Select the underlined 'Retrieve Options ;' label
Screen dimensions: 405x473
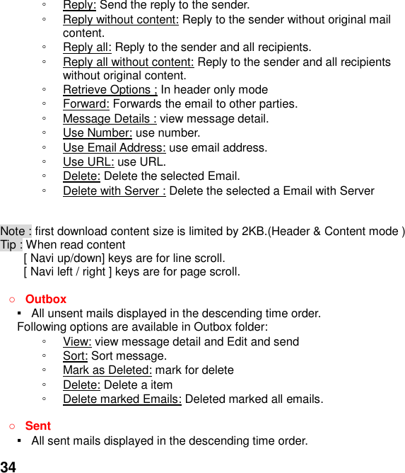(x=110, y=90)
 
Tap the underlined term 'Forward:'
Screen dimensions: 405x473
(x=85, y=104)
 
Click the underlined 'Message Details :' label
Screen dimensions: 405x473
(x=110, y=119)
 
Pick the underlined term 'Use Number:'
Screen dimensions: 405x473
(x=97, y=133)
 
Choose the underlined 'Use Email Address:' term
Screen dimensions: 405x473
(x=114, y=147)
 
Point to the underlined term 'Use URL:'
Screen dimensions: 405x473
(x=88, y=161)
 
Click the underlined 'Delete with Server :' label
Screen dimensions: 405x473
(x=114, y=190)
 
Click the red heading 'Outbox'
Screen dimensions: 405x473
(x=45, y=300)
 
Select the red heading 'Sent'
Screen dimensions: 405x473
(x=37, y=426)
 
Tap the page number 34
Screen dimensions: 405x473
(x=8, y=466)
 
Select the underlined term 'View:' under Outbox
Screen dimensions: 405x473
(x=76, y=342)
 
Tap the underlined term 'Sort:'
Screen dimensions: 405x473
(x=75, y=356)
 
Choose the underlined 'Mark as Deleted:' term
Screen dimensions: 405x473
(x=107, y=370)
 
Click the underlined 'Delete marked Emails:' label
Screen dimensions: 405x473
(x=122, y=399)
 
